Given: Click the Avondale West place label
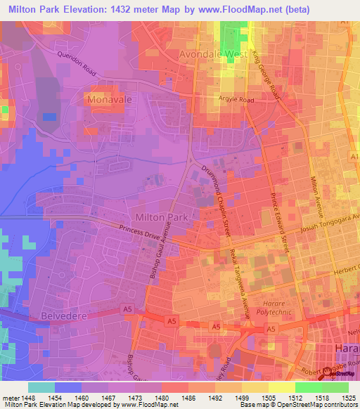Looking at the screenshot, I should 212,53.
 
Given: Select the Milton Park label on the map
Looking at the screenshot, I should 161,217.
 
